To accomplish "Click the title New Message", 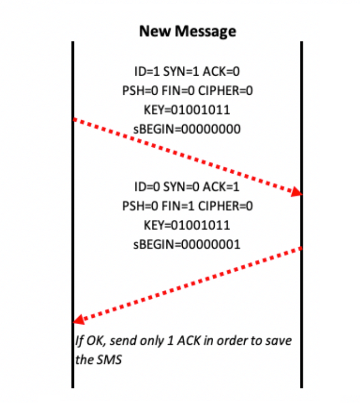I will point(187,31).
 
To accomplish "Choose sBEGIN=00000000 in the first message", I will point(187,129).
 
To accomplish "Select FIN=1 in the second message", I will point(180,206).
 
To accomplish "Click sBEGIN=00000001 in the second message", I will point(187,244).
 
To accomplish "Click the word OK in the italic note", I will point(91,341).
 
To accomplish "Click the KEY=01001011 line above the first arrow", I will point(187,110).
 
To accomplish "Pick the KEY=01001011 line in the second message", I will point(187,225).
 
